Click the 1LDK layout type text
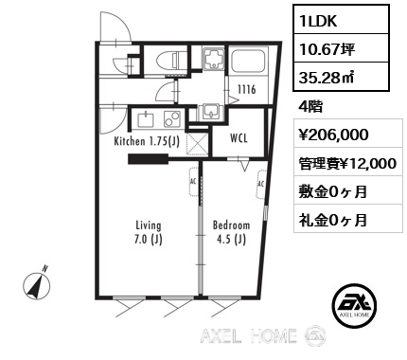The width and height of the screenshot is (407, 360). pos(319,21)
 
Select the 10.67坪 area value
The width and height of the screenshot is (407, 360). pos(327,49)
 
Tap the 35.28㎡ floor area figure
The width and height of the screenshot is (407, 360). pos(327,78)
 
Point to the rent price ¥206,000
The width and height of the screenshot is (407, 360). pos(333,135)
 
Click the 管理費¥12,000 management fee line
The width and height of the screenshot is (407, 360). pos(347,164)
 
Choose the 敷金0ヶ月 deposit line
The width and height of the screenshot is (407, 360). pos(333,191)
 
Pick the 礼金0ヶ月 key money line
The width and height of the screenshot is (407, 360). pos(333,220)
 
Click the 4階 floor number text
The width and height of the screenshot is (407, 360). pos(310,107)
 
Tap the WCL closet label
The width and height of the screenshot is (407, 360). pos(239,138)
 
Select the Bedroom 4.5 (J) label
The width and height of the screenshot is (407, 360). pos(231,232)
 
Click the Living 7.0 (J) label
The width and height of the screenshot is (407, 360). pos(149,232)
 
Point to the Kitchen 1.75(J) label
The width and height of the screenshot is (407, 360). pos(147,141)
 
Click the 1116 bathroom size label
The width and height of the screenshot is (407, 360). pos(246,90)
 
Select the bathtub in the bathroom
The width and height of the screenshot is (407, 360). pos(248,61)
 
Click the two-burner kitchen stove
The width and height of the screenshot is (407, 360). pos(171,119)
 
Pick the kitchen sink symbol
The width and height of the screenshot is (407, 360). pos(146,119)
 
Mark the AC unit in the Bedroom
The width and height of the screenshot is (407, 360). pos(261,185)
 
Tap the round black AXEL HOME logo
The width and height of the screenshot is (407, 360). pos(355,305)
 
